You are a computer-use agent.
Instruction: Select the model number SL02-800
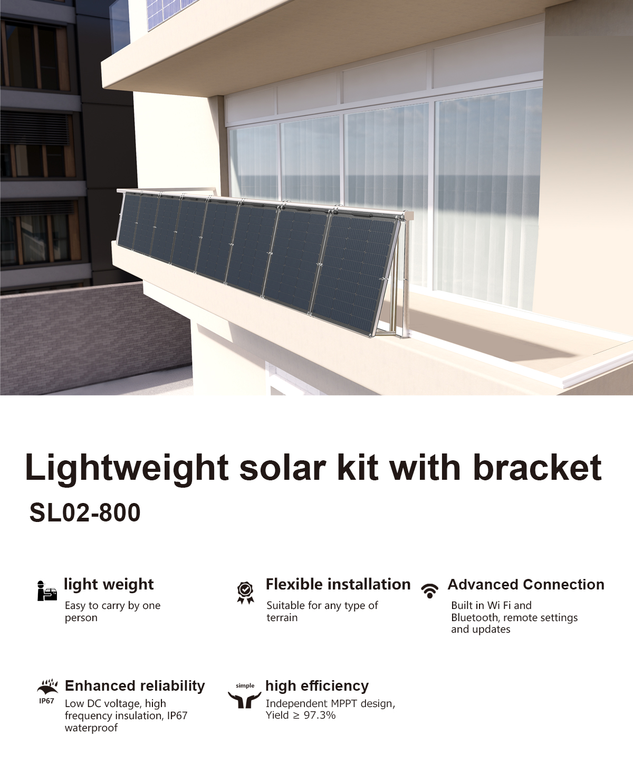point(85,512)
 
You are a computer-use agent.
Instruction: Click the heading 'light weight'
point(109,585)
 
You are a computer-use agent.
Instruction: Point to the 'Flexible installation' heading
point(338,584)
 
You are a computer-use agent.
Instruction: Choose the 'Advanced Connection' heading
point(526,585)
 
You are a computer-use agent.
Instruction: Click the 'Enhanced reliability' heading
point(135,686)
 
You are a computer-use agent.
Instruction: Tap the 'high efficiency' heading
point(317,686)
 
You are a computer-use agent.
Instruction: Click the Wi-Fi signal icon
point(429,591)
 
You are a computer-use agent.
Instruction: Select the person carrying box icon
point(47,591)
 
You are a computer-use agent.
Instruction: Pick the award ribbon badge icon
point(245,593)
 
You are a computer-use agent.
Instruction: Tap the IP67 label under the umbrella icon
point(46,701)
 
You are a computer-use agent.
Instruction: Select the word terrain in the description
point(282,617)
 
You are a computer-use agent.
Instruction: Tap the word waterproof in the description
point(91,728)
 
